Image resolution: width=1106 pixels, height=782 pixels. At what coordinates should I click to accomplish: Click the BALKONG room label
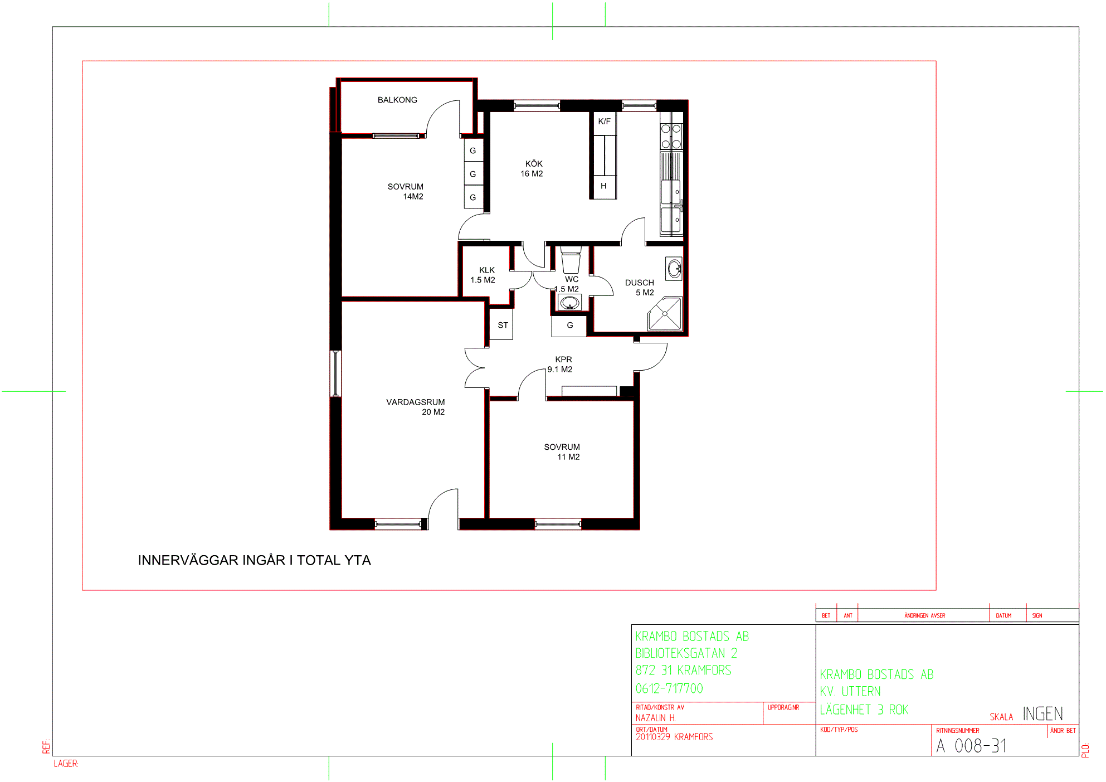click(x=397, y=100)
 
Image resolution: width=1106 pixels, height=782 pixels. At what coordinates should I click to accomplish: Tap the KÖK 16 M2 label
click(x=532, y=169)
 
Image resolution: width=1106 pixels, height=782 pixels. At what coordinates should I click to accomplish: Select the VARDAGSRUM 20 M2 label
click(x=416, y=407)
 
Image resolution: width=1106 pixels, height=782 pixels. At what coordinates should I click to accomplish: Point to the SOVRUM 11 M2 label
click(x=562, y=452)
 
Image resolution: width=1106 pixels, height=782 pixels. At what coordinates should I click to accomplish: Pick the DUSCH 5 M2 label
click(x=640, y=288)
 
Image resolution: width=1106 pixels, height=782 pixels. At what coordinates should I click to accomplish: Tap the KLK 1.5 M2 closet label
click(x=483, y=275)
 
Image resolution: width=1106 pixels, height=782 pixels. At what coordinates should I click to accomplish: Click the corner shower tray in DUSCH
click(x=665, y=314)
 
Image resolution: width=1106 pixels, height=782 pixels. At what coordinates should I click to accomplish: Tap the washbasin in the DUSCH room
click(x=674, y=269)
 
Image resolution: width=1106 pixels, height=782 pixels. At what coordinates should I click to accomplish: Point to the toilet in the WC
click(x=571, y=260)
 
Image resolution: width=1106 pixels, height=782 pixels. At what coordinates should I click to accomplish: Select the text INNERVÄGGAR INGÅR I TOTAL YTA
click(x=255, y=560)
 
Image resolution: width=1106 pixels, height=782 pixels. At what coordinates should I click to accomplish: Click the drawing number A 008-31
click(x=972, y=746)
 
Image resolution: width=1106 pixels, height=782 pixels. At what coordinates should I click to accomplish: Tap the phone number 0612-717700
click(x=669, y=688)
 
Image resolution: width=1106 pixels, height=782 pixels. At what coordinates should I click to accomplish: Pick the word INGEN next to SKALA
click(x=1043, y=714)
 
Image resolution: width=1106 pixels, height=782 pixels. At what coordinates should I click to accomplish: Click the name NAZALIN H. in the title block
click(x=656, y=718)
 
